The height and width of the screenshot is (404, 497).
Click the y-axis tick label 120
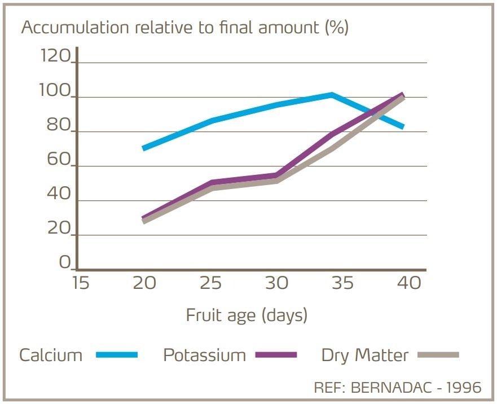tap(55, 56)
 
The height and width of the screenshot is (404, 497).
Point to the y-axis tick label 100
tap(55, 91)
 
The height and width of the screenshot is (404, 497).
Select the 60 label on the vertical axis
tap(58, 160)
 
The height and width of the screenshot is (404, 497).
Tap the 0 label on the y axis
tap(65, 263)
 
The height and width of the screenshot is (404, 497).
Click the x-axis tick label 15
tap(80, 282)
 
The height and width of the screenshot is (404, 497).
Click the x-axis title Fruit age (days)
tap(247, 314)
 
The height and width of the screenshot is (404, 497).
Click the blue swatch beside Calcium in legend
tap(117, 355)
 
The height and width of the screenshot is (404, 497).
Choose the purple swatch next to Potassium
tap(276, 355)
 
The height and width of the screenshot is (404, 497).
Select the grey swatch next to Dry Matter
tap(439, 355)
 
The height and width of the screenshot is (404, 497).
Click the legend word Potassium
tap(204, 355)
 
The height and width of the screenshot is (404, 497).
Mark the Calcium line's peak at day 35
tap(332, 95)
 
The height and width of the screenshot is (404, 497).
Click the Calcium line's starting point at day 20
tap(144, 148)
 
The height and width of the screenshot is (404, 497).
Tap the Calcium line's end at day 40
tap(402, 127)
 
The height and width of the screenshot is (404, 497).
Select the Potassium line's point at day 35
tap(333, 134)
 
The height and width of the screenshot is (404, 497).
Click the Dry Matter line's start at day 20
tap(144, 221)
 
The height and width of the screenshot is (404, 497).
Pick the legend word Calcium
tap(51, 355)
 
